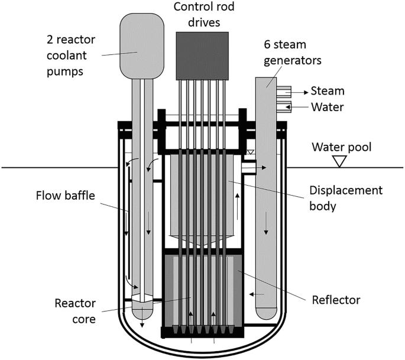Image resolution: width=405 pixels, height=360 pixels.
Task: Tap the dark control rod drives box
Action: (202, 56)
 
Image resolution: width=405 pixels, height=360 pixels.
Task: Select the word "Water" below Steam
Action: (328, 107)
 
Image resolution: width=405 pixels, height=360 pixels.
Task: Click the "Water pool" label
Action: (342, 147)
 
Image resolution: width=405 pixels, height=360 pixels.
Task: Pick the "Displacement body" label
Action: (346, 197)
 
